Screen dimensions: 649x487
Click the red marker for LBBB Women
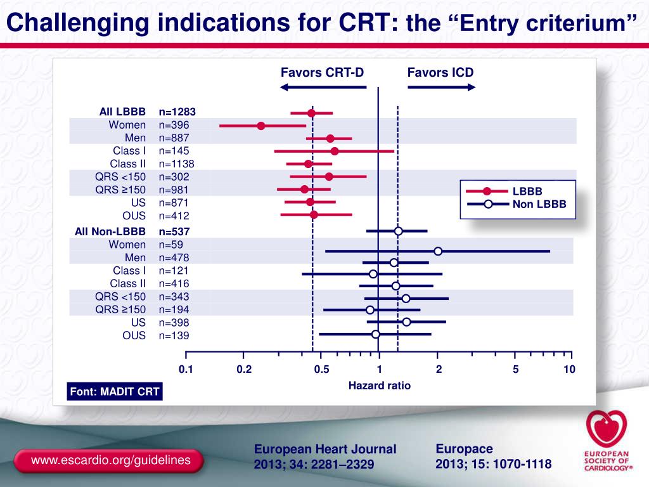260,126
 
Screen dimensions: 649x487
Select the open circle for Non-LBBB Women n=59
438,251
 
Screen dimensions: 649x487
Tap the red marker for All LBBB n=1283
311,113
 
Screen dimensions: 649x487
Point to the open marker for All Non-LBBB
398,231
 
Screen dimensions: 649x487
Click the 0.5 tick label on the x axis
321,369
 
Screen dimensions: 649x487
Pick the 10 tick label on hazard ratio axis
569,369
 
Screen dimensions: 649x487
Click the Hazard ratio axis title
380,386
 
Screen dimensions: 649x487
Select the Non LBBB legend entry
517,204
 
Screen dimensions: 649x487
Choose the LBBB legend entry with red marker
504,192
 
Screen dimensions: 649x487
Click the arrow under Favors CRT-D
323,87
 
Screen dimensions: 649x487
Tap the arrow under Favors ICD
441,87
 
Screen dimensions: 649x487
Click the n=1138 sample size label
176,164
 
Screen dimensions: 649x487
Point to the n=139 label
174,335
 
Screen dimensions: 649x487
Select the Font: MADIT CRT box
115,391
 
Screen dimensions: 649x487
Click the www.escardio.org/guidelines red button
108,460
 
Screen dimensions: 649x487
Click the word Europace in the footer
464,449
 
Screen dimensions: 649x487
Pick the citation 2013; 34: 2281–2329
314,464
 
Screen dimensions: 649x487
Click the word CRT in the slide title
363,22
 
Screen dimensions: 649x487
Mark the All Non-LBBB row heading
110,231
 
